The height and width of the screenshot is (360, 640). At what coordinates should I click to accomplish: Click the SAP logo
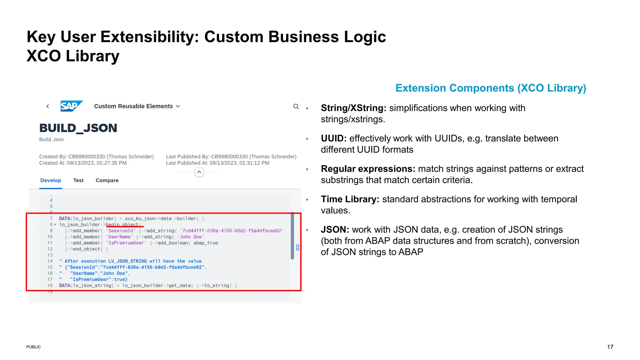[71, 106]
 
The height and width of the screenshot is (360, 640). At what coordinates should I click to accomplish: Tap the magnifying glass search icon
[296, 106]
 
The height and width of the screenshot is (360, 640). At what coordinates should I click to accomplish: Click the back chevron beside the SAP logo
[48, 106]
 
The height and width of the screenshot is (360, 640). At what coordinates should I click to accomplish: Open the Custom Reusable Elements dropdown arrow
[178, 106]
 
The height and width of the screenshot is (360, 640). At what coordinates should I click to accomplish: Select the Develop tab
[51, 180]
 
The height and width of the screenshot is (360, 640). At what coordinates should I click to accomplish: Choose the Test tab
[78, 180]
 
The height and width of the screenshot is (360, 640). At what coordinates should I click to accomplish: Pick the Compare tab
[107, 180]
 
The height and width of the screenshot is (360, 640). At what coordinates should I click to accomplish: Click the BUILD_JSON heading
[78, 128]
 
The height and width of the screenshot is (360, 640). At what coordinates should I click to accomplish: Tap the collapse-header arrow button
[199, 172]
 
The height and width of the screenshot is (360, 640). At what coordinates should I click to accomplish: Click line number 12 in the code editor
[50, 249]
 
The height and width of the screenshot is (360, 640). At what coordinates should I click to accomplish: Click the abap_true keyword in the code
[206, 243]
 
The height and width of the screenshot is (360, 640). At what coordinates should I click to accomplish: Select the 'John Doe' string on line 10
[191, 237]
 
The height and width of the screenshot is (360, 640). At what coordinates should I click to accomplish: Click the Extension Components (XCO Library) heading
[491, 88]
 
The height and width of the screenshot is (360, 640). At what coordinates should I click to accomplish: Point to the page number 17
[610, 347]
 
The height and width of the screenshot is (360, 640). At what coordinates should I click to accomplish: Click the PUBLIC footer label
[33, 347]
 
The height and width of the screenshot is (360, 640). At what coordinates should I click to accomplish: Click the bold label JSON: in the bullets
[335, 230]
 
